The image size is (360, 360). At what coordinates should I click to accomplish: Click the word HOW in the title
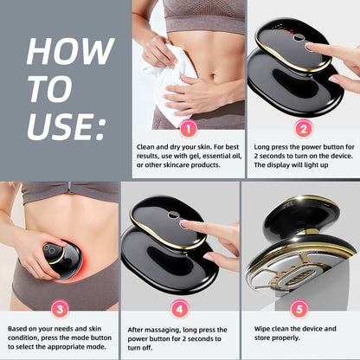coord(58,52)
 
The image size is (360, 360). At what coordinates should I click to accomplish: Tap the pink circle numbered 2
coord(303,128)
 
